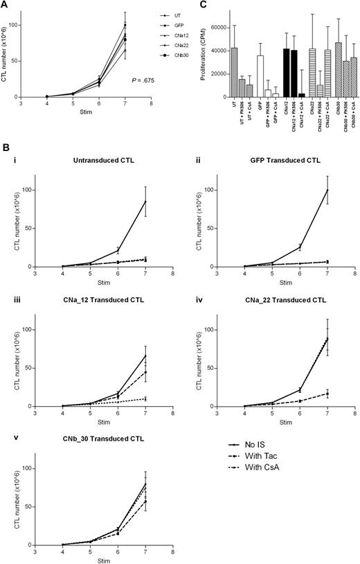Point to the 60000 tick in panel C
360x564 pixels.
(x=201, y=28)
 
